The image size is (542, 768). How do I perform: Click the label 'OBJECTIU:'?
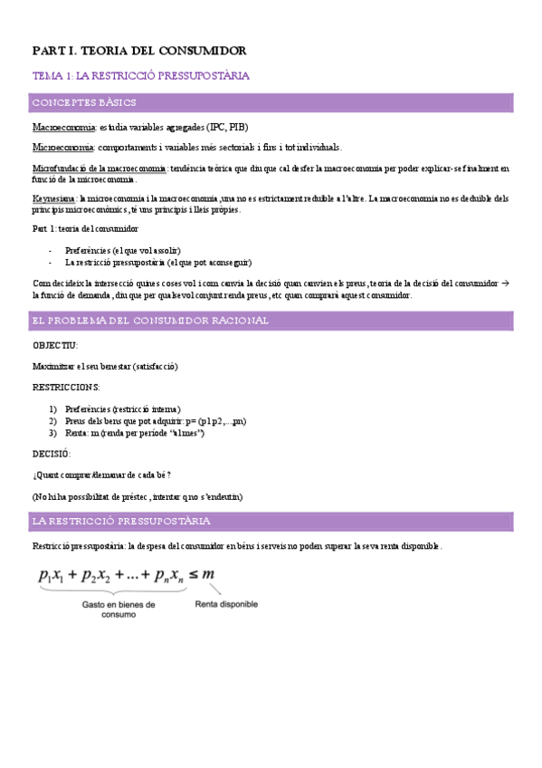[x=55, y=345]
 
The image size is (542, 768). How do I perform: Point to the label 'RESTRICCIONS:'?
[x=66, y=388]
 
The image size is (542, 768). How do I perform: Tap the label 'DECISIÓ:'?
[x=51, y=454]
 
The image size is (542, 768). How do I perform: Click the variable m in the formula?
[x=208, y=573]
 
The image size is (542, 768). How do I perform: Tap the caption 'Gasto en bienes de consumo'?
[x=119, y=609]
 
